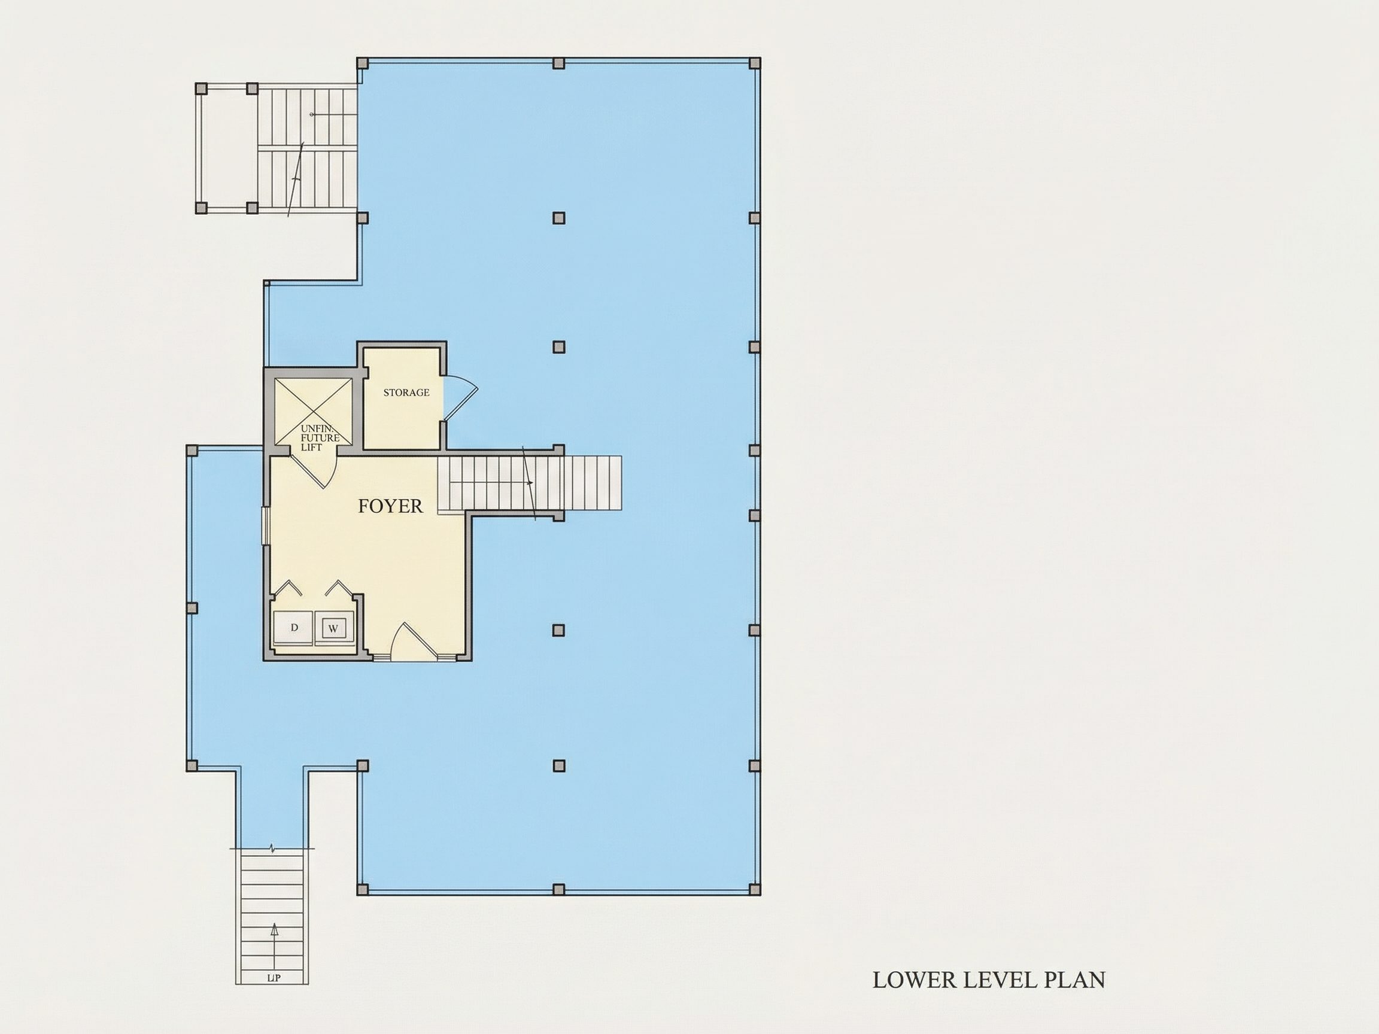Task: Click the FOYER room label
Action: [x=390, y=506]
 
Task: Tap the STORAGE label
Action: [x=406, y=393]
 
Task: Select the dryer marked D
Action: [x=294, y=628]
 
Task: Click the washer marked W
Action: [x=333, y=628]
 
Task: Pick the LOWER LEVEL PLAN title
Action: [x=989, y=980]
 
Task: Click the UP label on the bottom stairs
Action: [x=274, y=978]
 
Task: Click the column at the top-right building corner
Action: [x=754, y=63]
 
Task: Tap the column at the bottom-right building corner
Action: [x=754, y=889]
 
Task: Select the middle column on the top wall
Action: [x=558, y=63]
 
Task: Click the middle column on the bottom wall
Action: [x=558, y=889]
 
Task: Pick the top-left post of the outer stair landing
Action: [x=201, y=89]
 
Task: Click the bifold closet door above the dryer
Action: [x=288, y=588]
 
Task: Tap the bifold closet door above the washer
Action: [x=339, y=588]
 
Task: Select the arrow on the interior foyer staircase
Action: [x=528, y=483]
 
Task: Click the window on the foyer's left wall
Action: [x=265, y=527]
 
